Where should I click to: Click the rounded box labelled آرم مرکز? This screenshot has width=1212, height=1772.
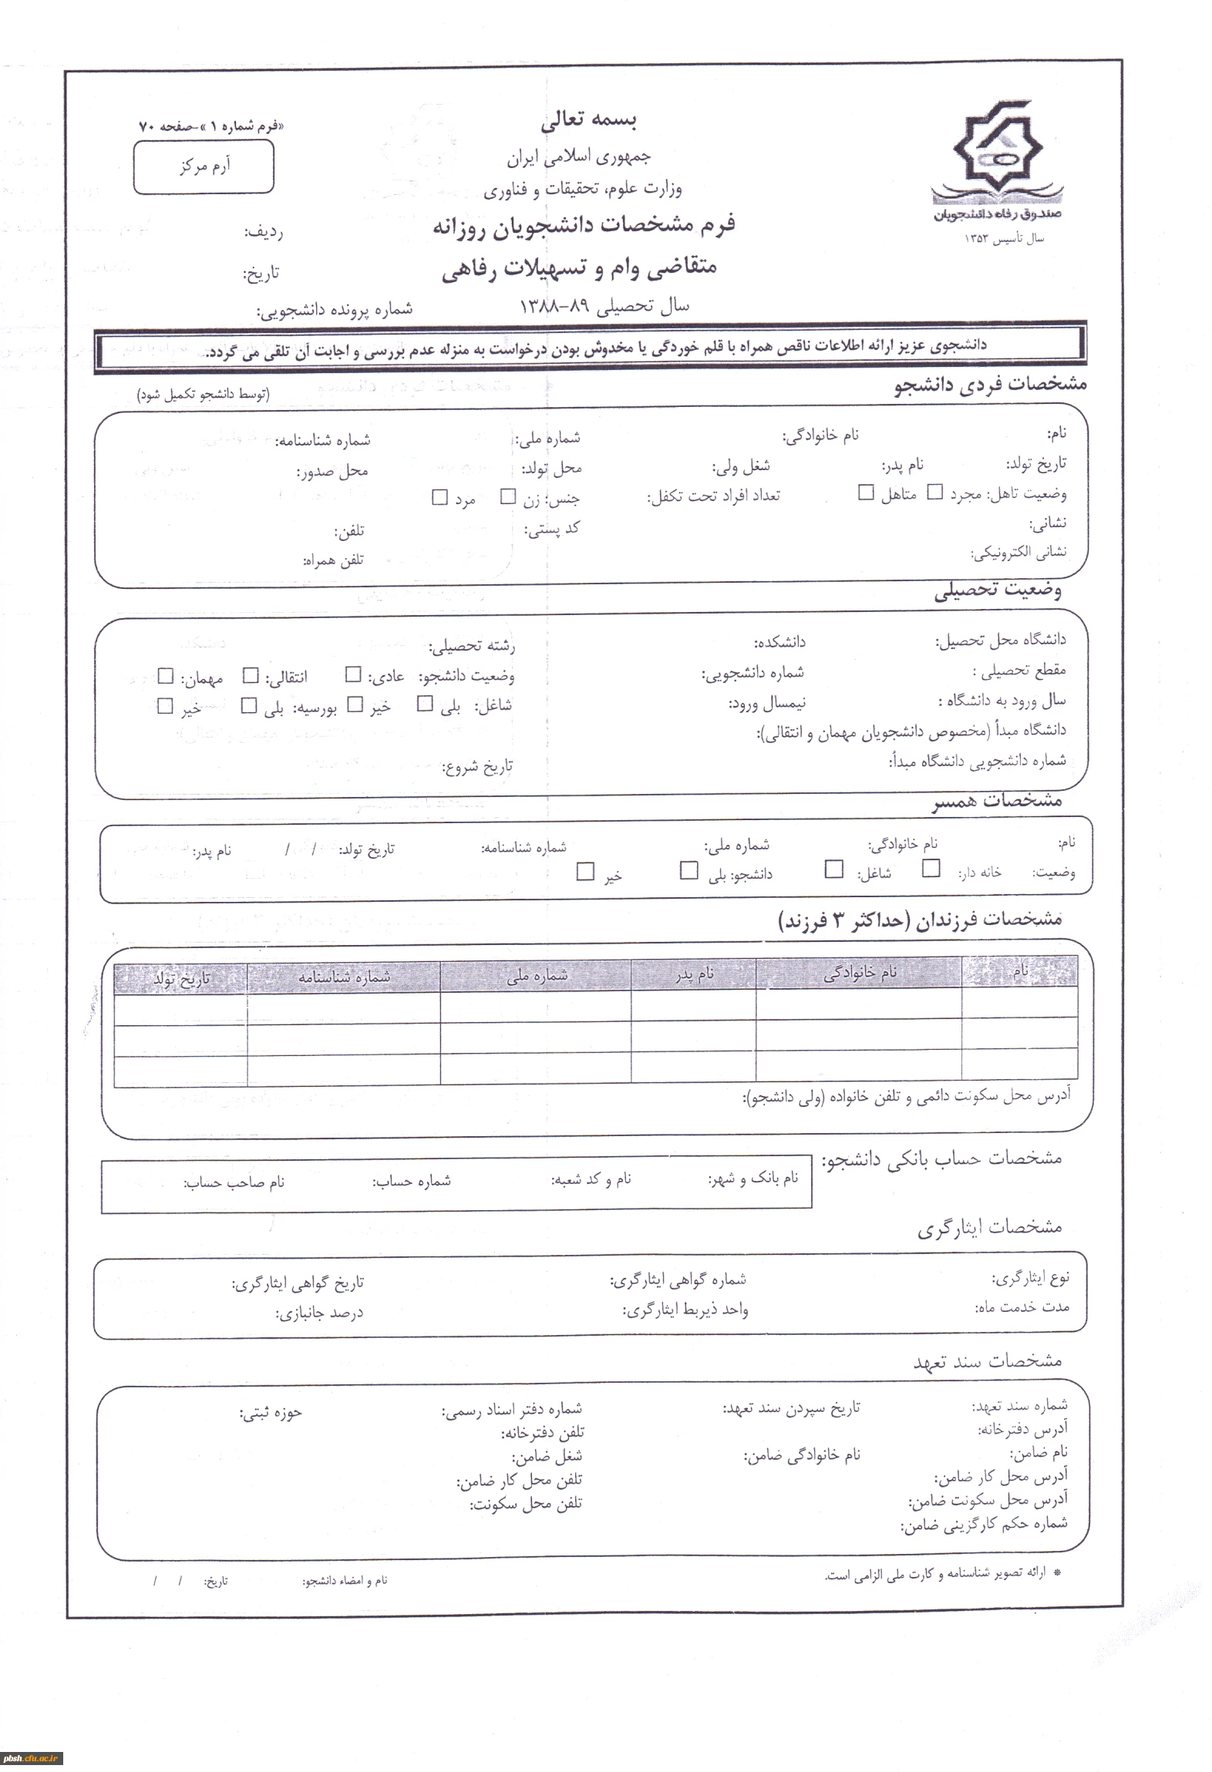tap(204, 166)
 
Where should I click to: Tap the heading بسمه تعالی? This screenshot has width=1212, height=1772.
tap(588, 120)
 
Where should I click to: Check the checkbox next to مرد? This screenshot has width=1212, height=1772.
tap(439, 497)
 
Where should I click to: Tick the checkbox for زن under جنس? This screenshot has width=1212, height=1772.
tap(507, 496)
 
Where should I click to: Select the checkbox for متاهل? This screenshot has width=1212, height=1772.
tap(866, 492)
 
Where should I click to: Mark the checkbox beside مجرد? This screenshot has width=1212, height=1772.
tap(934, 492)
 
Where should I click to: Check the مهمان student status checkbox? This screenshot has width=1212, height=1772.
tap(165, 676)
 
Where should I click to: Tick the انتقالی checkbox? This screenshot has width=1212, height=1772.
tap(251, 676)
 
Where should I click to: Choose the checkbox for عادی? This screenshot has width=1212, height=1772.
tap(353, 675)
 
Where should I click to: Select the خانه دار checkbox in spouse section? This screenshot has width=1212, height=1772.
tap(931, 869)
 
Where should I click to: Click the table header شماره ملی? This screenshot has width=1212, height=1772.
tap(537, 975)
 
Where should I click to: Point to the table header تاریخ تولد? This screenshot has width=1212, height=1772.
tap(181, 979)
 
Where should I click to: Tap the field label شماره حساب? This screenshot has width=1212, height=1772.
tap(412, 1180)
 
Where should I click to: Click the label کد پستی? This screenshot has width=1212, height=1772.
tap(552, 530)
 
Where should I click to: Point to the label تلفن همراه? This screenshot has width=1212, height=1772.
tap(332, 560)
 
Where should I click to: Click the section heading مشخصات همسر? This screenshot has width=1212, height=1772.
tap(997, 801)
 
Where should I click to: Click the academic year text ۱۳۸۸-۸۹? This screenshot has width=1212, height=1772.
tap(554, 306)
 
